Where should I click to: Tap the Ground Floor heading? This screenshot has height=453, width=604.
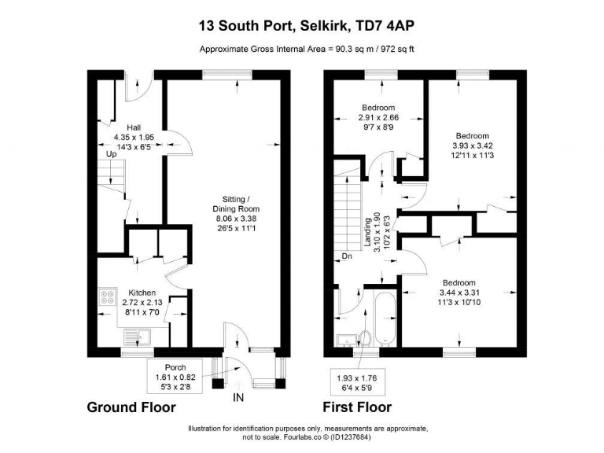coord(131,407)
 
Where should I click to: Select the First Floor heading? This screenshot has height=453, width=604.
coord(357,407)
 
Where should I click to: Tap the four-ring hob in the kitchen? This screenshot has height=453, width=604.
coord(106,297)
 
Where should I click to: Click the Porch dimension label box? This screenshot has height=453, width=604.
coord(175,377)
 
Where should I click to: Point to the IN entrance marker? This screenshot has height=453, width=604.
coord(238,398)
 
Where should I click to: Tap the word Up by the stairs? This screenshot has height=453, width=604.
coord(112,155)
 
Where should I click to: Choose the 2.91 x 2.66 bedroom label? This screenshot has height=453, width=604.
coord(378,117)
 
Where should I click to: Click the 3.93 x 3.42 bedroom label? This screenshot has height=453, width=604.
coord(471,145)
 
